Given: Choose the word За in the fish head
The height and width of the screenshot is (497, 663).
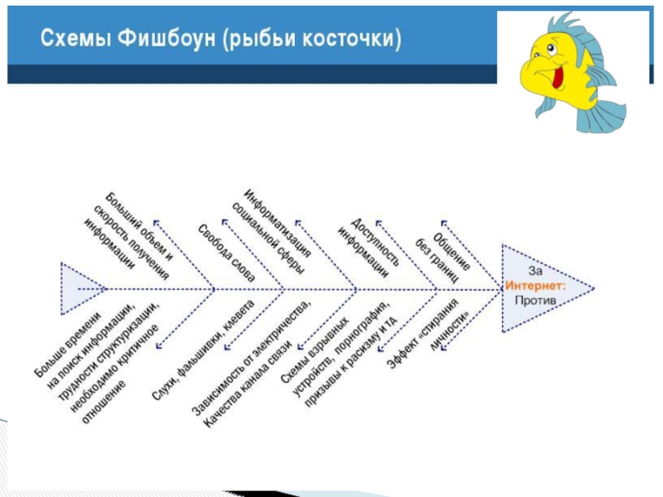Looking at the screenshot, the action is [537, 272].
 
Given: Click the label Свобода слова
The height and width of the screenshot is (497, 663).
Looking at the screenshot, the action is [225, 248].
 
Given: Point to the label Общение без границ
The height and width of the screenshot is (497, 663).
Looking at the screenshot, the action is [448, 248].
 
